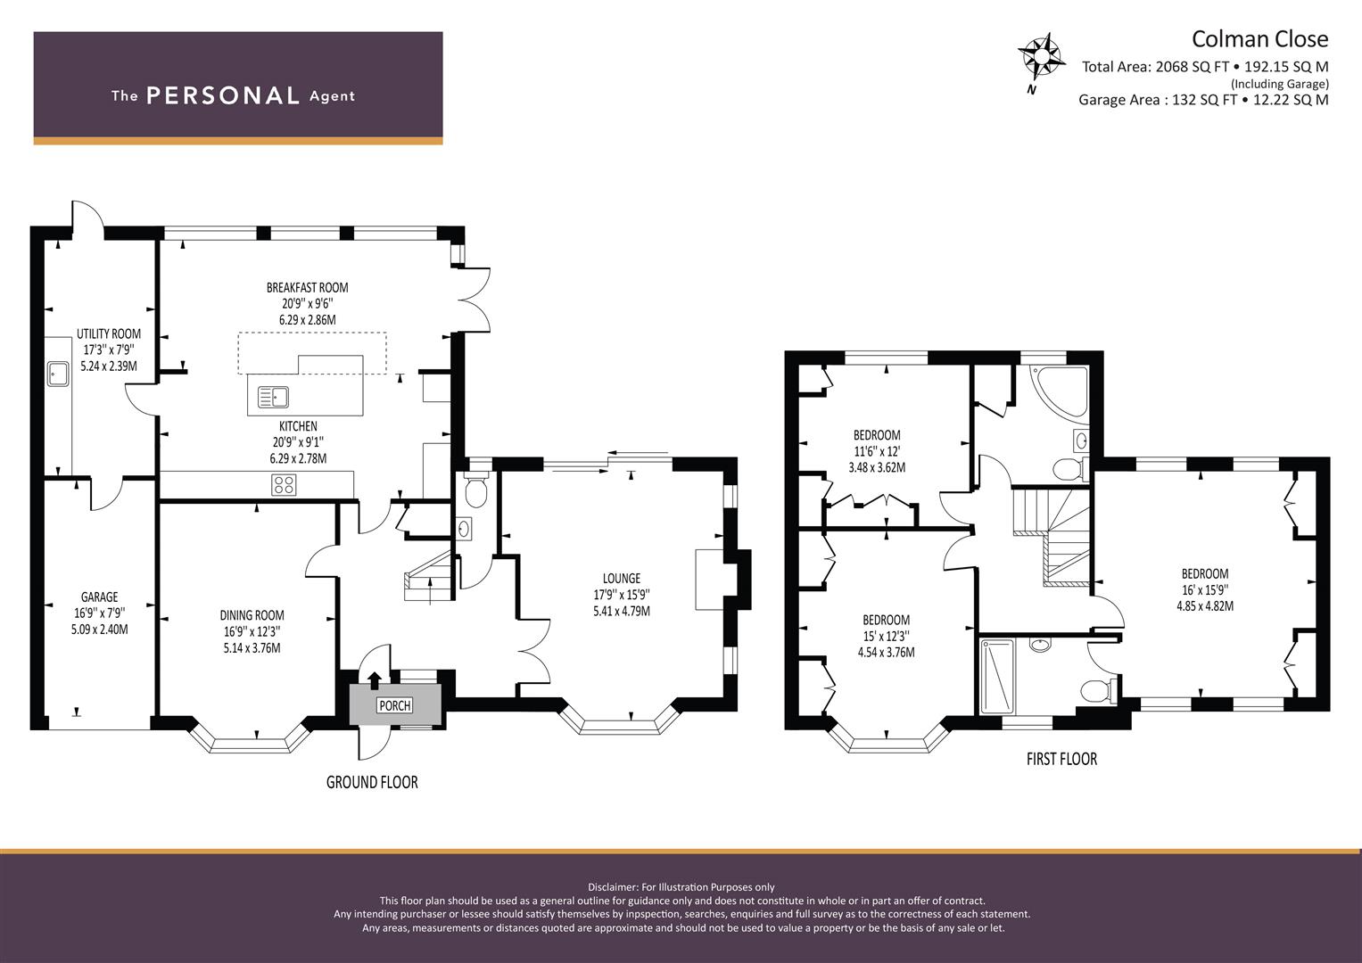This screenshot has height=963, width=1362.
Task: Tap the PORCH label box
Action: [x=394, y=705]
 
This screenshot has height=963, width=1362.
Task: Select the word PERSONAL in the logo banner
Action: [x=223, y=95]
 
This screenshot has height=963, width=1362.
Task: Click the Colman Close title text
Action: [x=1259, y=39]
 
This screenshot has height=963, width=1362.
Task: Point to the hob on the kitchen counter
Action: [x=284, y=484]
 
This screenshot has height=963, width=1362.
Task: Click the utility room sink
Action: [x=58, y=374]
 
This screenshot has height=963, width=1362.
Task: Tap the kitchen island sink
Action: [x=274, y=397]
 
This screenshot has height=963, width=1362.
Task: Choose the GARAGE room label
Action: [x=100, y=597]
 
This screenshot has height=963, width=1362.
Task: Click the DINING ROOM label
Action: [x=252, y=615]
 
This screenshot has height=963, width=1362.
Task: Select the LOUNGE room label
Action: [x=622, y=578]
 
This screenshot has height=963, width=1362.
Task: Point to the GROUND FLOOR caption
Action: [x=372, y=782]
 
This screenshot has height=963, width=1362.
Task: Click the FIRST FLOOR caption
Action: [x=1061, y=759]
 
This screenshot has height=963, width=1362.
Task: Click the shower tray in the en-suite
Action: [x=997, y=675]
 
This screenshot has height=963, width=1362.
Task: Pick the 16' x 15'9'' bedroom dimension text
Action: [x=1204, y=589]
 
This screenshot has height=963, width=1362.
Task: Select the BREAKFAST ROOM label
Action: [x=307, y=287]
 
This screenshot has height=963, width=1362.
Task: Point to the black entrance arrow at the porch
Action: [x=375, y=679]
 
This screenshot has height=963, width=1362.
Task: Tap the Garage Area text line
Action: [x=1203, y=100]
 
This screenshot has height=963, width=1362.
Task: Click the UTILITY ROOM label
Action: [x=108, y=333]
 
